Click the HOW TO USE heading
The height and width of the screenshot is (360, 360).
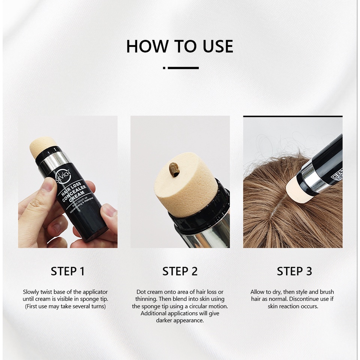tap(180, 46)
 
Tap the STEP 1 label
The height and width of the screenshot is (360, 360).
tap(68, 271)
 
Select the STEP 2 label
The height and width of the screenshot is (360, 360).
tap(180, 271)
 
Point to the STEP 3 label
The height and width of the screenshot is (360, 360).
tap(294, 271)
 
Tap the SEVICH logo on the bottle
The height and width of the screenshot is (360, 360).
tap(63, 177)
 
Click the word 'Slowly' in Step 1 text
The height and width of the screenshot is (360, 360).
tap(31, 292)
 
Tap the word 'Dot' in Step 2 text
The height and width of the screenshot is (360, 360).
tap(141, 292)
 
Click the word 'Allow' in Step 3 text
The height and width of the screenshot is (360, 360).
tap(258, 292)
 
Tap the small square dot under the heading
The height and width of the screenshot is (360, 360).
tap(164, 68)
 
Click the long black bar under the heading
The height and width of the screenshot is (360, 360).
tap(183, 68)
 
